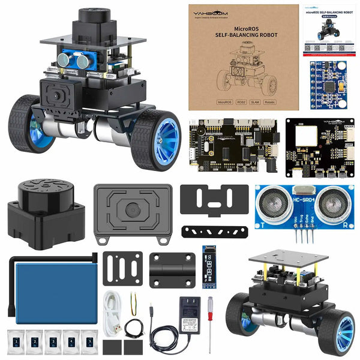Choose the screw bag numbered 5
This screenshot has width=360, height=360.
click(89, 343)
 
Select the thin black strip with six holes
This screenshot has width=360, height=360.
click(215, 232)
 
